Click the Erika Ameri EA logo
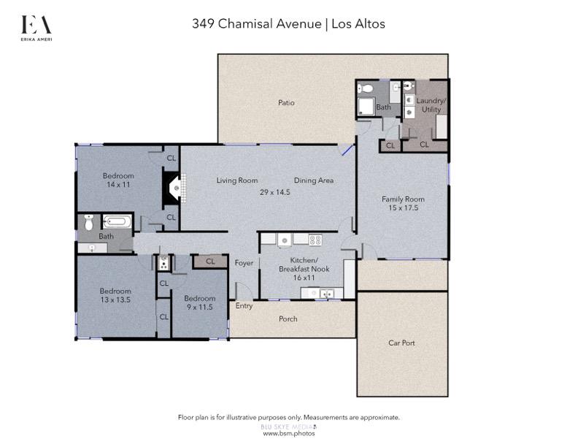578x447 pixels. coord(36,27)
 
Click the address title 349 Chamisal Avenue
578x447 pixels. coord(256,23)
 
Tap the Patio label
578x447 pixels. coord(286,103)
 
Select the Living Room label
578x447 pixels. coord(237,180)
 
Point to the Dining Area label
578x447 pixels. coord(314,180)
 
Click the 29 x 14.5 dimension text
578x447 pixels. coord(274,192)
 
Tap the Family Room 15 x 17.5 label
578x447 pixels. coord(403,204)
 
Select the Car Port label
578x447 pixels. coord(403,343)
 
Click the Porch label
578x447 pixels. coord(289,319)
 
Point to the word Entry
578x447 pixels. coord(244,306)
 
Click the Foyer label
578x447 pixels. coord(242,264)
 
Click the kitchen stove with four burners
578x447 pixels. coord(316,239)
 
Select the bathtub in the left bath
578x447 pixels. coord(117,221)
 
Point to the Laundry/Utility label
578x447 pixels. coord(430,104)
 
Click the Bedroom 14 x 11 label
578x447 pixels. coord(117,180)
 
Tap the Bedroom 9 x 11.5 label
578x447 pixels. coord(199,302)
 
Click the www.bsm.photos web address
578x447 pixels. coord(288,433)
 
